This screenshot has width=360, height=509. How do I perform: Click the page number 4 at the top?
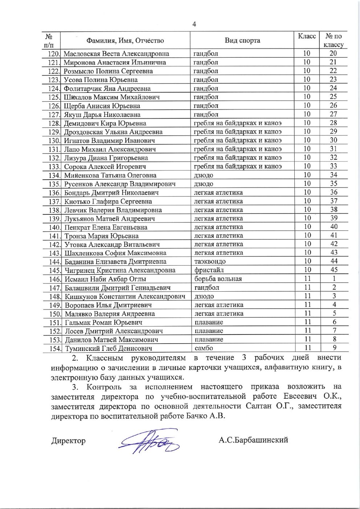(x=194, y=24)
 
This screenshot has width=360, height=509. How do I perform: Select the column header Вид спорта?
(x=242, y=40)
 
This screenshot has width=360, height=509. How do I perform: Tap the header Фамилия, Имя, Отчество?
(x=125, y=41)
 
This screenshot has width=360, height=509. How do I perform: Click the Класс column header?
(x=307, y=36)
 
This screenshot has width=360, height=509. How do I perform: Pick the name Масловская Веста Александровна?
(x=116, y=54)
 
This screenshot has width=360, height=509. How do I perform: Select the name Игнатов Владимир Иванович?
(x=110, y=140)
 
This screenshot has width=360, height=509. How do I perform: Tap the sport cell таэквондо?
(x=210, y=262)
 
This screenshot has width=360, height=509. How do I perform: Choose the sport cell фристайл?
(x=209, y=270)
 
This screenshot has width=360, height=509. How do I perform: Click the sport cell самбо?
(x=204, y=348)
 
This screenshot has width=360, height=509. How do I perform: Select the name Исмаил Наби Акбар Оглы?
(x=105, y=279)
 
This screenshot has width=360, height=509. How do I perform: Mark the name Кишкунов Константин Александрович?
(x=125, y=296)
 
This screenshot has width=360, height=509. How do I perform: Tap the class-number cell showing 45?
(x=334, y=270)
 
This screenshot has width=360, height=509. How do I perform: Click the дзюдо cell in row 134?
(x=204, y=175)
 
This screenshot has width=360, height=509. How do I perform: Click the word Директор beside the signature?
(x=68, y=441)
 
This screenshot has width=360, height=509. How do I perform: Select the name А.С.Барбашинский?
(x=253, y=440)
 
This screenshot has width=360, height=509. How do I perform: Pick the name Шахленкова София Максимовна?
(x=115, y=253)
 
